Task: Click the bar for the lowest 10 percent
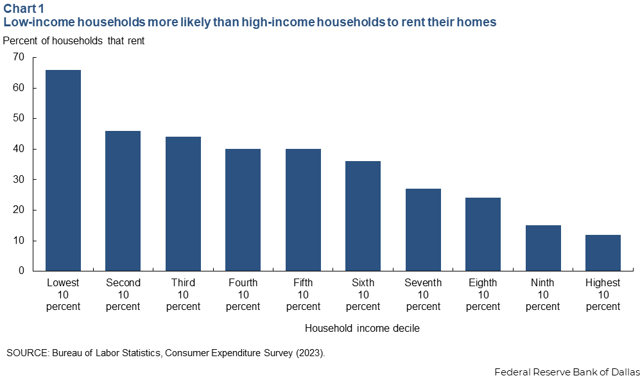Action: click(63, 170)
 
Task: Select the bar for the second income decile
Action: click(123, 201)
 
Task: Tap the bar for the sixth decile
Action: click(363, 216)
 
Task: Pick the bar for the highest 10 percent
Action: click(603, 253)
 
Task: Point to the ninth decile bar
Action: click(543, 248)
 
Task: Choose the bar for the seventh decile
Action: click(423, 230)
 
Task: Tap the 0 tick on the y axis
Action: click(21, 271)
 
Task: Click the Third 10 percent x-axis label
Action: click(183, 295)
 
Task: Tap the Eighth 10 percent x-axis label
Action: click(483, 295)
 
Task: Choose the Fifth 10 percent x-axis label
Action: click(303, 295)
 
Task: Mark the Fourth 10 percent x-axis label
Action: click(243, 295)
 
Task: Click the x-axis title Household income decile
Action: click(362, 329)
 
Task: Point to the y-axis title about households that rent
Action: click(74, 41)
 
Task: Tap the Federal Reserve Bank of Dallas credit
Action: click(567, 372)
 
